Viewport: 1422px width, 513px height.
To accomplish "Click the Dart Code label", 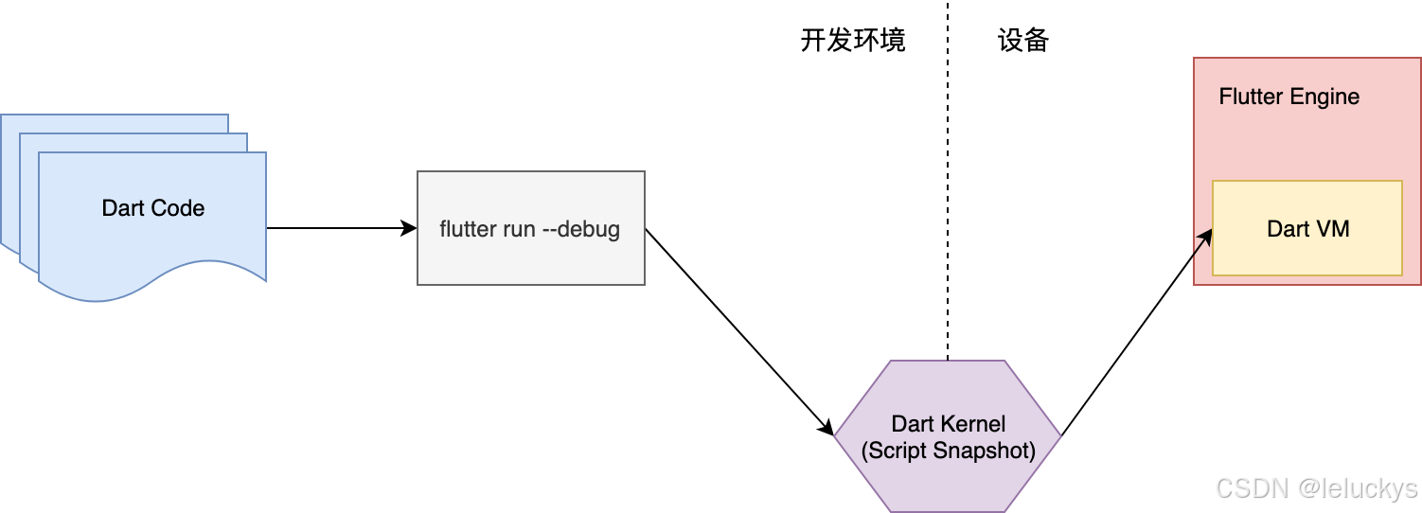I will tap(152, 208).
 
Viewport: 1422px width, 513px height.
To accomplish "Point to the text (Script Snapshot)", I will tap(948, 451).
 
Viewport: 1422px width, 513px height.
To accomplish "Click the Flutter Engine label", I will tap(1289, 97).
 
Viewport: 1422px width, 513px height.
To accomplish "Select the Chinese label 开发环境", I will tap(853, 41).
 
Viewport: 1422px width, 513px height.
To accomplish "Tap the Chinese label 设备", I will tap(1023, 41).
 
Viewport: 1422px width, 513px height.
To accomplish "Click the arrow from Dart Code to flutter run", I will tap(341, 228).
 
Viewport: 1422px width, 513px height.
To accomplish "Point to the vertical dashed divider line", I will tap(947, 189).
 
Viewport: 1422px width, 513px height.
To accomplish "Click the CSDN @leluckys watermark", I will tap(1315, 488).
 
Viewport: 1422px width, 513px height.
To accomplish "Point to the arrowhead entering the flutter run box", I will tap(410, 228).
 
